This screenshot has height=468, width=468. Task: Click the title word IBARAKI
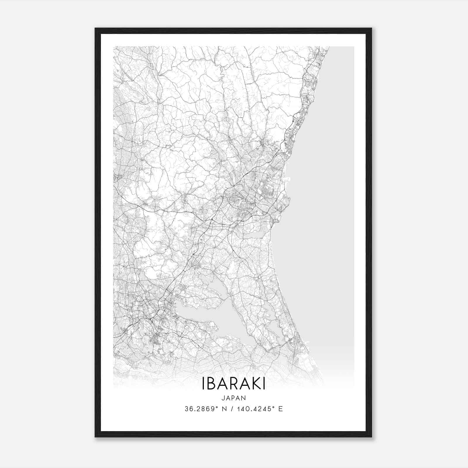point(233,383)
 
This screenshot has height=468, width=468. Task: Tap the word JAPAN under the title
point(233,398)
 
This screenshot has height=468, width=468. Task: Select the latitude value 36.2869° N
point(205,409)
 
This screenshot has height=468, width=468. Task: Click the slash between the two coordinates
point(232,409)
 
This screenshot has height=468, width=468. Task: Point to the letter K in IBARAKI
point(254,383)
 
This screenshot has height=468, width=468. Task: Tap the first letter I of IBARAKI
point(203,383)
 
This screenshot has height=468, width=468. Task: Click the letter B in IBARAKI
point(209,383)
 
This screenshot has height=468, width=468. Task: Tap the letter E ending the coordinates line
point(281,409)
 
